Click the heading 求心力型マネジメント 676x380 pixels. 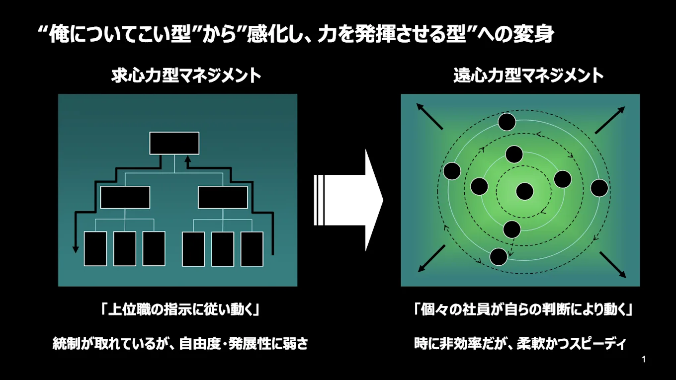(x=186, y=76)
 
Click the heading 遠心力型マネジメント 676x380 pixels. (x=528, y=76)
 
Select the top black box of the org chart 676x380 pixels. (x=174, y=143)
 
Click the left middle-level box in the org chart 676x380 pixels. (x=125, y=197)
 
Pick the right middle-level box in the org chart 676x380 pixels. (x=223, y=197)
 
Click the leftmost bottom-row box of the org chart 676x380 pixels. (x=95, y=248)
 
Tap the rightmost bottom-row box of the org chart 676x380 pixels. (x=252, y=248)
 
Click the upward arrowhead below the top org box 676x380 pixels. (x=187, y=159)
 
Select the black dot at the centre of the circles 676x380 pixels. (x=524, y=191)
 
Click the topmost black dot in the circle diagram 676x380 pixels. (x=507, y=122)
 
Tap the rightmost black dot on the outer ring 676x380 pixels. (x=599, y=188)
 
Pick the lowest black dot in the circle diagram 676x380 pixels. (x=499, y=256)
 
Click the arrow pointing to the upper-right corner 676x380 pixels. (x=610, y=120)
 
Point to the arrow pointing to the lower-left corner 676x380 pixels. (x=430, y=259)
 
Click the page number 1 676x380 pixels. (x=644, y=359)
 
